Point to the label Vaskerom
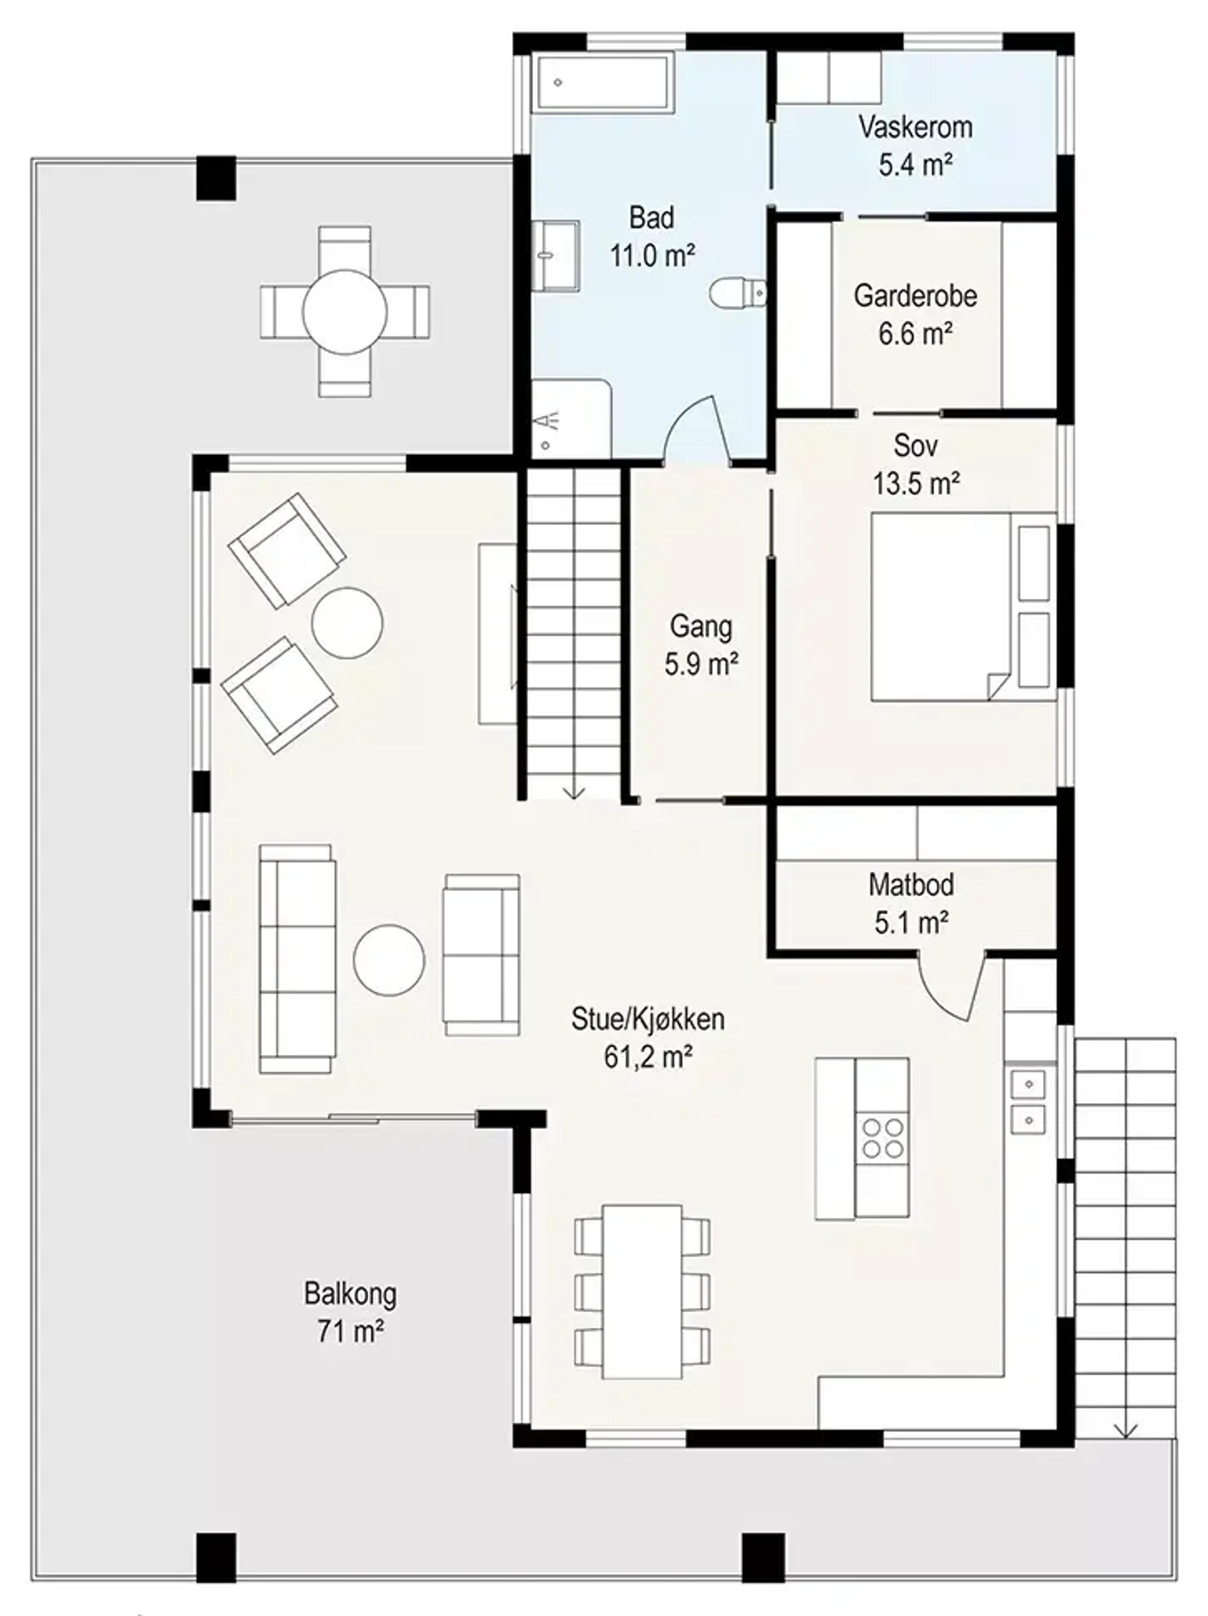pos(915,127)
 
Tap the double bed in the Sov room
pos(963,606)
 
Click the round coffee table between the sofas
pos(389,960)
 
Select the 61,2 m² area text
pos(648,1056)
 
